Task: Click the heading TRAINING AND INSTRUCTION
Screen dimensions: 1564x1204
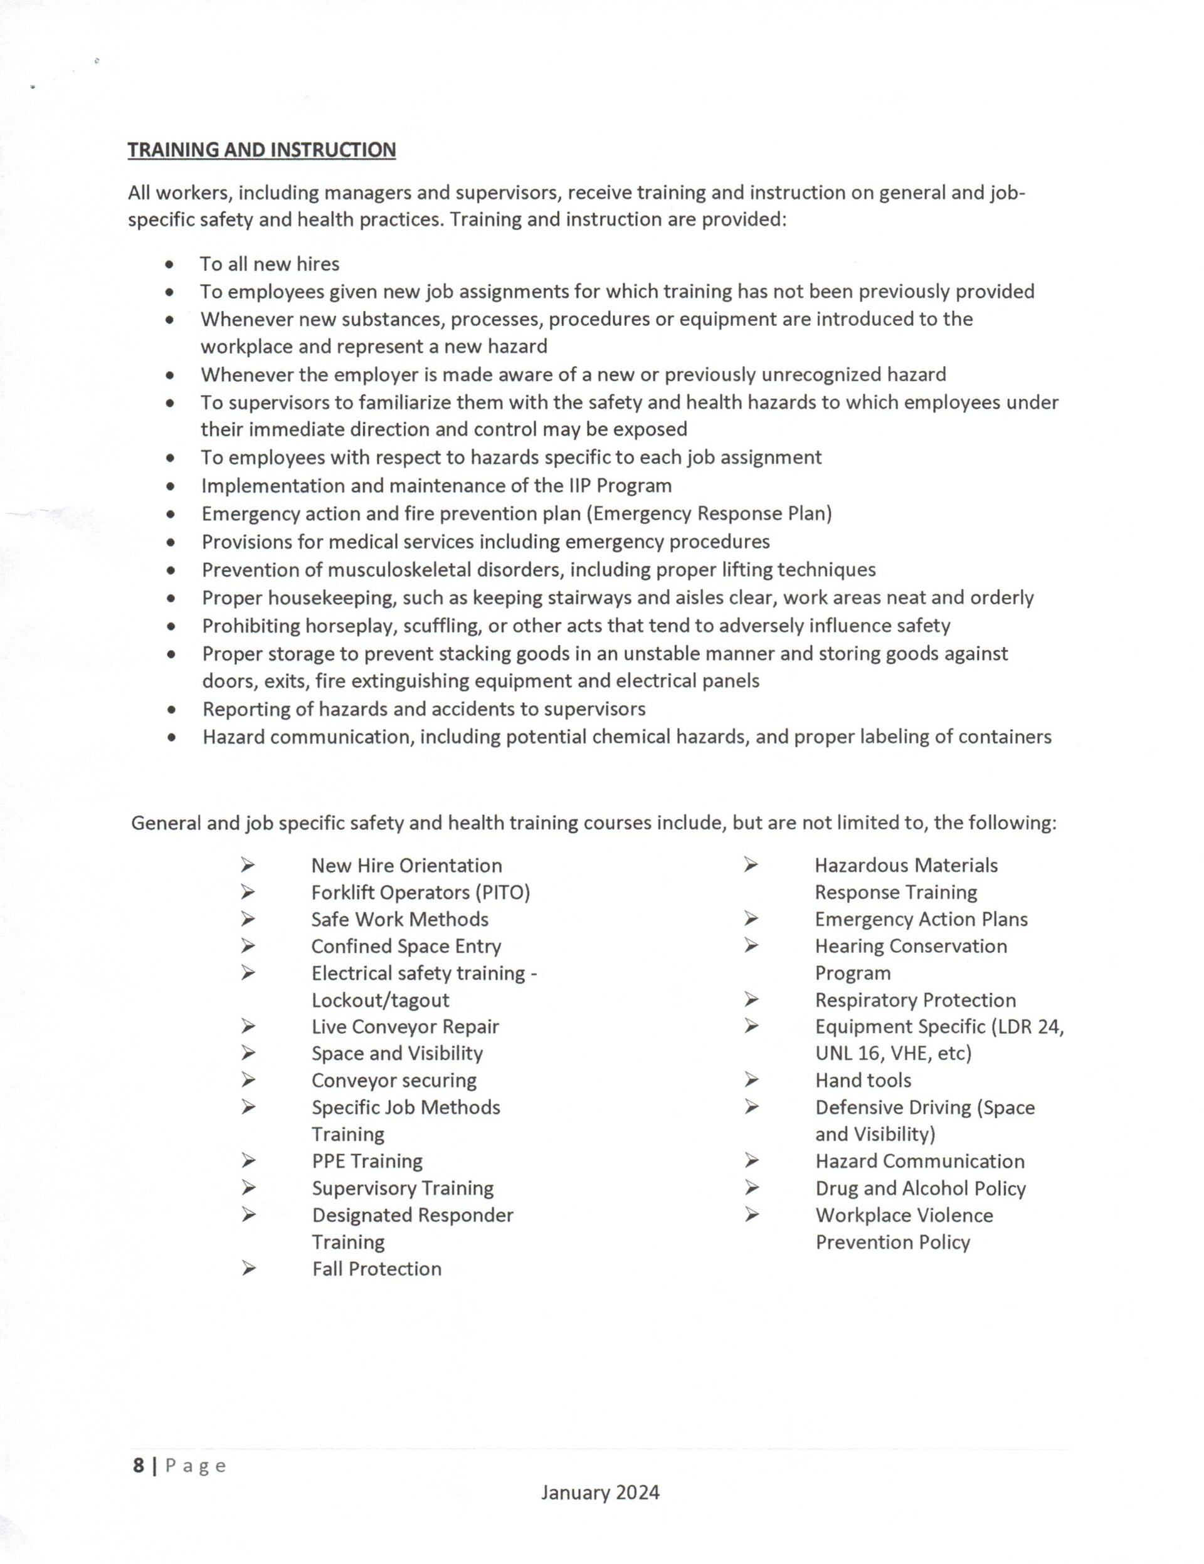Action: [261, 150]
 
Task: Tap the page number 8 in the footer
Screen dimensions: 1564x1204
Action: [138, 1466]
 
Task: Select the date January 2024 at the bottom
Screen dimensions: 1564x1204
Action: [600, 1493]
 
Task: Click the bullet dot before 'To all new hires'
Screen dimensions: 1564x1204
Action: [169, 265]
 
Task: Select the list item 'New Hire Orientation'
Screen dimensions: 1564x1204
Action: [406, 866]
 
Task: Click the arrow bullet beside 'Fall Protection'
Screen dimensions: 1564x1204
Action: [248, 1269]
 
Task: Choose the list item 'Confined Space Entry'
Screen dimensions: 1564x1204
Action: [406, 947]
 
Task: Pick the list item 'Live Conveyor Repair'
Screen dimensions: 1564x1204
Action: [404, 1027]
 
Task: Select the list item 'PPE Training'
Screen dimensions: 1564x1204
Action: [367, 1162]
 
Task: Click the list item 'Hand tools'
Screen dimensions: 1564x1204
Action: [863, 1081]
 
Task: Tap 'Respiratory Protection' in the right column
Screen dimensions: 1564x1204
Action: [916, 1000]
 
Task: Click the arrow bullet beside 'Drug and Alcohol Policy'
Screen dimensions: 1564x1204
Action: [751, 1188]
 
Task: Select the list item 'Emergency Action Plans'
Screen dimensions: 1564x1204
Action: [921, 920]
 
